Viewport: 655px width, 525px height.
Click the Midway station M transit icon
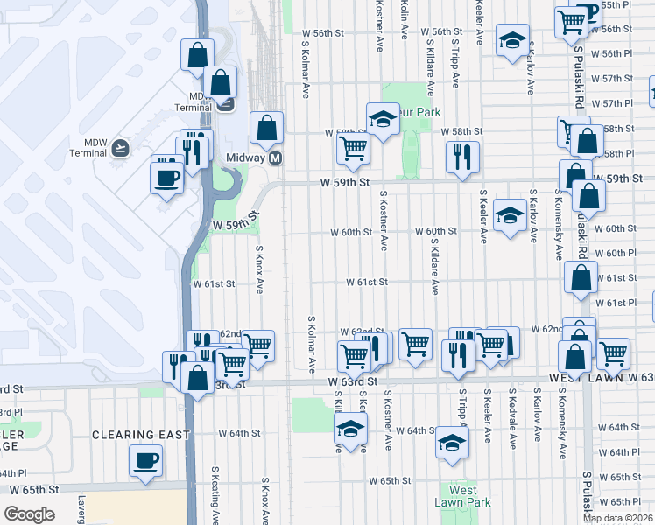pyautogui.click(x=275, y=158)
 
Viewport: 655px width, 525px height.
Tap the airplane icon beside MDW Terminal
pyautogui.click(x=120, y=148)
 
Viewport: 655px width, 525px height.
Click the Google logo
pyautogui.click(x=29, y=514)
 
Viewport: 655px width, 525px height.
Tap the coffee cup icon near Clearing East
pyautogui.click(x=145, y=461)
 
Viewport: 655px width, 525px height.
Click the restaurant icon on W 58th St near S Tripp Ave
pyautogui.click(x=461, y=157)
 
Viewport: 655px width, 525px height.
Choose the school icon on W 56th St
pyautogui.click(x=512, y=40)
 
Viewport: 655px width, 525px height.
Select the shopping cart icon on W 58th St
pyautogui.click(x=353, y=149)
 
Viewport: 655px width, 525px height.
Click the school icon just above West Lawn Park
pyautogui.click(x=452, y=444)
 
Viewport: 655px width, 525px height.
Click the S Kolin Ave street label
pyautogui.click(x=404, y=18)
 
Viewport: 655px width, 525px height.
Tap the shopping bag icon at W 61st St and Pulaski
pyautogui.click(x=581, y=279)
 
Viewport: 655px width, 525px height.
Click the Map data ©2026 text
pyautogui.click(x=618, y=518)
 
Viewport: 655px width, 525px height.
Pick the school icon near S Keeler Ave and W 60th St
pyautogui.click(x=510, y=216)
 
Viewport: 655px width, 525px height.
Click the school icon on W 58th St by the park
pyautogui.click(x=383, y=121)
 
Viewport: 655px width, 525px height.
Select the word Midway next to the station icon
pyautogui.click(x=245, y=158)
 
